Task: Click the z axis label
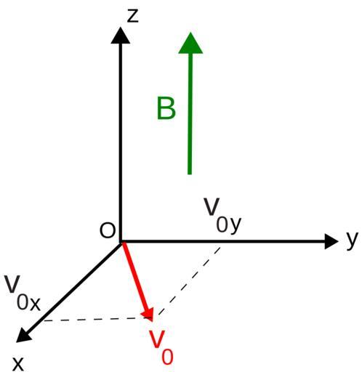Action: pyautogui.click(x=133, y=16)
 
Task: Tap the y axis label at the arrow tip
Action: pyautogui.click(x=352, y=240)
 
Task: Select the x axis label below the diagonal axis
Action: pyautogui.click(x=18, y=364)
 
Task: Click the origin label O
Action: pyautogui.click(x=107, y=230)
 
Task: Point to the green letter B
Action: pyautogui.click(x=166, y=108)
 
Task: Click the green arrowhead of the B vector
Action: pyautogui.click(x=190, y=43)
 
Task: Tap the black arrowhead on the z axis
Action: pyautogui.click(x=121, y=36)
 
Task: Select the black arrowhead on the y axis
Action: pyautogui.click(x=331, y=241)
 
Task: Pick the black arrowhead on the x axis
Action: pyautogui.click(x=23, y=336)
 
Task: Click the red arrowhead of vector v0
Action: pyautogui.click(x=148, y=315)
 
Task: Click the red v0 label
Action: pyautogui.click(x=161, y=347)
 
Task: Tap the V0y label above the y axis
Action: pyautogui.click(x=222, y=216)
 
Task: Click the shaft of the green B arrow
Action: pyautogui.click(x=190, y=114)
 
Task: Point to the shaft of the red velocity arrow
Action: pyautogui.click(x=134, y=276)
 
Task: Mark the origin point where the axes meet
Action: pyautogui.click(x=121, y=241)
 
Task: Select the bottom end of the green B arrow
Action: pyautogui.click(x=190, y=174)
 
